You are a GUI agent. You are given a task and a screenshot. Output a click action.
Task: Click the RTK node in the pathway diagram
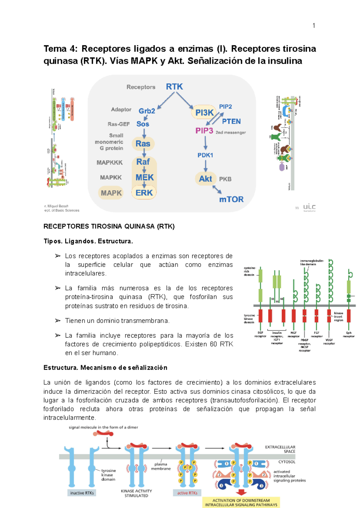coord(174,87)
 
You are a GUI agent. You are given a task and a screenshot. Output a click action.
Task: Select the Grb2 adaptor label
coord(147,111)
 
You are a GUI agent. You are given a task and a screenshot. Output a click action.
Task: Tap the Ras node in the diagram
coord(143,144)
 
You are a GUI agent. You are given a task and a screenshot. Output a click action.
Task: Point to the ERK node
coord(144,193)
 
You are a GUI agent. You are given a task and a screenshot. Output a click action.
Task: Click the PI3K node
coord(204,112)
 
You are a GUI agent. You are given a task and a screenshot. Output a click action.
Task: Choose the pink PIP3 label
coord(204,131)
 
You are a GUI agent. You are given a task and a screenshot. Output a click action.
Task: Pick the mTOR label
coord(231,199)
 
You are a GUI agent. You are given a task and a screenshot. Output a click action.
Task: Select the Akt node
coord(205,179)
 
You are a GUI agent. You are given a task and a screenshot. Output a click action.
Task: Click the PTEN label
coord(231,121)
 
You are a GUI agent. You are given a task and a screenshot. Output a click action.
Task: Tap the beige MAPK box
coord(111,193)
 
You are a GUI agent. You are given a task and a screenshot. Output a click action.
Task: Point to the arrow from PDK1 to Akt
coord(205,166)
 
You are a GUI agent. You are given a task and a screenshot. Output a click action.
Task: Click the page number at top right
coord(314,26)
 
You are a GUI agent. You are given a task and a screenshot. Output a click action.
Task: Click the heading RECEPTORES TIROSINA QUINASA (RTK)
coord(109,226)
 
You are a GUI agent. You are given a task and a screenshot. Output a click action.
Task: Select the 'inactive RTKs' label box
coord(82,493)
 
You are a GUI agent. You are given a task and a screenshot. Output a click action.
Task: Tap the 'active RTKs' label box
coord(187,493)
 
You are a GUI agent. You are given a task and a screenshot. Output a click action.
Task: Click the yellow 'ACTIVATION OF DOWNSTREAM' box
coord(241,503)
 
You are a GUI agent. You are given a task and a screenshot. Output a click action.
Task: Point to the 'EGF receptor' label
coord(260,334)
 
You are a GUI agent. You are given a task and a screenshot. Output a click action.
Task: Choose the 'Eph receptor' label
coord(349,334)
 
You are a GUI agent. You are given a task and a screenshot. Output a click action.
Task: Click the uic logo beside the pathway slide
coord(309,207)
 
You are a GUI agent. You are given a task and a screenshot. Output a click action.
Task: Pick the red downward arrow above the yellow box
coord(241,492)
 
